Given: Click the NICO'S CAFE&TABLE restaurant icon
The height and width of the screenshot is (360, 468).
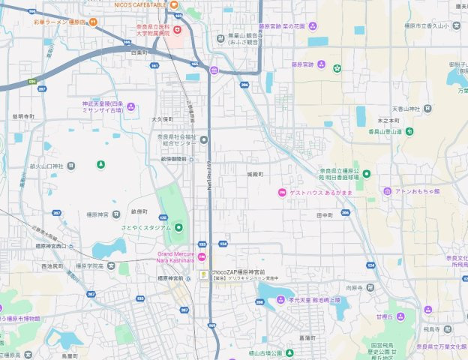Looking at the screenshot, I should coord(174,5).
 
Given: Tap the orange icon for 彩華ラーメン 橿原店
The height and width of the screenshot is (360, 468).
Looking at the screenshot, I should coord(93,22).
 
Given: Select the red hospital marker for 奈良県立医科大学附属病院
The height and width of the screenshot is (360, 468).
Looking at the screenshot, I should coord(177,30).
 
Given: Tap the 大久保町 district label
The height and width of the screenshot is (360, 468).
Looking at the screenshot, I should coord(162,118).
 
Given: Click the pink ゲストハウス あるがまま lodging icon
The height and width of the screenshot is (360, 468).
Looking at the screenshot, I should coord(281,192).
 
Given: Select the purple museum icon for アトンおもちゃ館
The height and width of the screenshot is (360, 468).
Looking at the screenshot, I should coord(387,191).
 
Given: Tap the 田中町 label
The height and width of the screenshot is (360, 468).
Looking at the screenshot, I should coord(324,214).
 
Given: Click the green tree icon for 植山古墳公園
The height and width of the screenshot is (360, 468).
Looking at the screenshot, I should coord(287,353).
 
